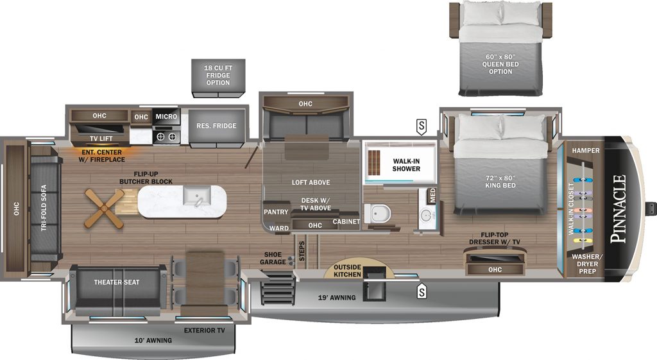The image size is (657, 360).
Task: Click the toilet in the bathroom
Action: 377,213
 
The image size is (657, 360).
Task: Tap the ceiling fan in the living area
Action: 105,209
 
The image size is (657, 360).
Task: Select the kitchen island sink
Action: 196,196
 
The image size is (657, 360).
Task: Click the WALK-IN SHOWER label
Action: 406,165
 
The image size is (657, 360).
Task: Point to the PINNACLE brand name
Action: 618,209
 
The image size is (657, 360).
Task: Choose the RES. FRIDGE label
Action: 216,126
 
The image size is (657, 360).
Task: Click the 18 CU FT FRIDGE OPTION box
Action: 218,78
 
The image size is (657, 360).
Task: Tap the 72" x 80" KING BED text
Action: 500,182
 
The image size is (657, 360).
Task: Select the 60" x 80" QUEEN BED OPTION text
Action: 500,64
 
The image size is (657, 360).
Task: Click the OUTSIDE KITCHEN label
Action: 347,271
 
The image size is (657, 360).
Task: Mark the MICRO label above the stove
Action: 166,117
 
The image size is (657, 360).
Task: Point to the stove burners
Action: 166,136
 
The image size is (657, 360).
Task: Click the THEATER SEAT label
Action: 117,282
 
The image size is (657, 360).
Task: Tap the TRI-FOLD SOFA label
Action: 44,208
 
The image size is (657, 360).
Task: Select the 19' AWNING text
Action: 337,298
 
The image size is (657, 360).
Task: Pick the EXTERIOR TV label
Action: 205,330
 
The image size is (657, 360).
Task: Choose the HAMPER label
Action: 586,150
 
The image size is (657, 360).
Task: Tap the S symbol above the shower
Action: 421,126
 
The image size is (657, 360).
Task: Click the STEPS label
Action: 302,251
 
